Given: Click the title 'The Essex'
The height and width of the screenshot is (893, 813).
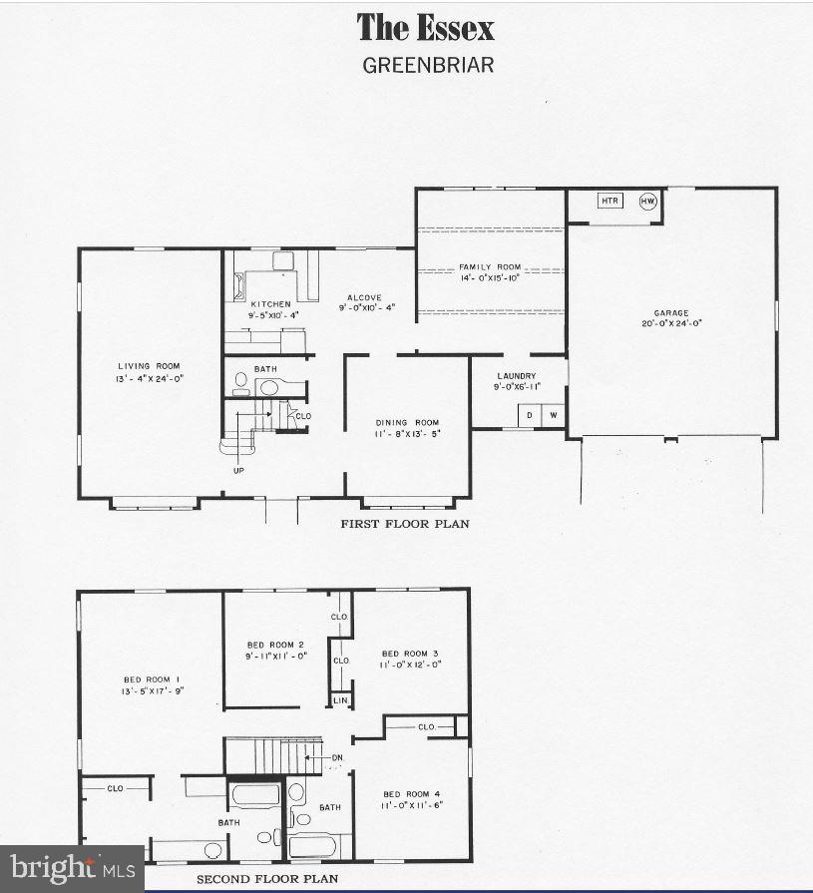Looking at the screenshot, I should coord(425,28).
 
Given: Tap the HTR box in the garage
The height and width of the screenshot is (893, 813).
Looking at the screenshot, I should coord(610,201).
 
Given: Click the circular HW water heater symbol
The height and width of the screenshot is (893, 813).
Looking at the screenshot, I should coord(648,201).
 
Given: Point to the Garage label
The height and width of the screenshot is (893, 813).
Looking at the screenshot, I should coord(671,312).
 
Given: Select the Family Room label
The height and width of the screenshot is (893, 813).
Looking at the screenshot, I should coord(490,267).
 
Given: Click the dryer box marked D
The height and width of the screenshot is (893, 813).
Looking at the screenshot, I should coord(529,415).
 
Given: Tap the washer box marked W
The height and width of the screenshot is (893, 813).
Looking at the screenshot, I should coord(553,415).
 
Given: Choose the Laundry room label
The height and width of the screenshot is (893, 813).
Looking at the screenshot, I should coord(517,376).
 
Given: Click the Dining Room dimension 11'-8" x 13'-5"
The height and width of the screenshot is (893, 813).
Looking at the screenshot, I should coord(407,433).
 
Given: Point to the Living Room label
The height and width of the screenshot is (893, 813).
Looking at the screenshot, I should coord(149,366).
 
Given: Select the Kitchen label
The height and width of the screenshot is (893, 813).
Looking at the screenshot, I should coord(270,303).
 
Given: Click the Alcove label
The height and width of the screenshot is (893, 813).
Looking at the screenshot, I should coord(365,297).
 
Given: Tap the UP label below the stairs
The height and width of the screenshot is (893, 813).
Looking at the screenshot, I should coord(238,469).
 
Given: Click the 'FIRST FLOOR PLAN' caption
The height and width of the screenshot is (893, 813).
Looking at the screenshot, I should coord(405,524).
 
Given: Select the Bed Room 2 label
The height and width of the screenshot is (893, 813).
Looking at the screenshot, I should coord(275,645).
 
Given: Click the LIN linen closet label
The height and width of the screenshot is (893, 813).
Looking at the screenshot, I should coord(340,700).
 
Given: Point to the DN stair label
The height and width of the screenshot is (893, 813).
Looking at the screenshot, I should coord(337,758).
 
